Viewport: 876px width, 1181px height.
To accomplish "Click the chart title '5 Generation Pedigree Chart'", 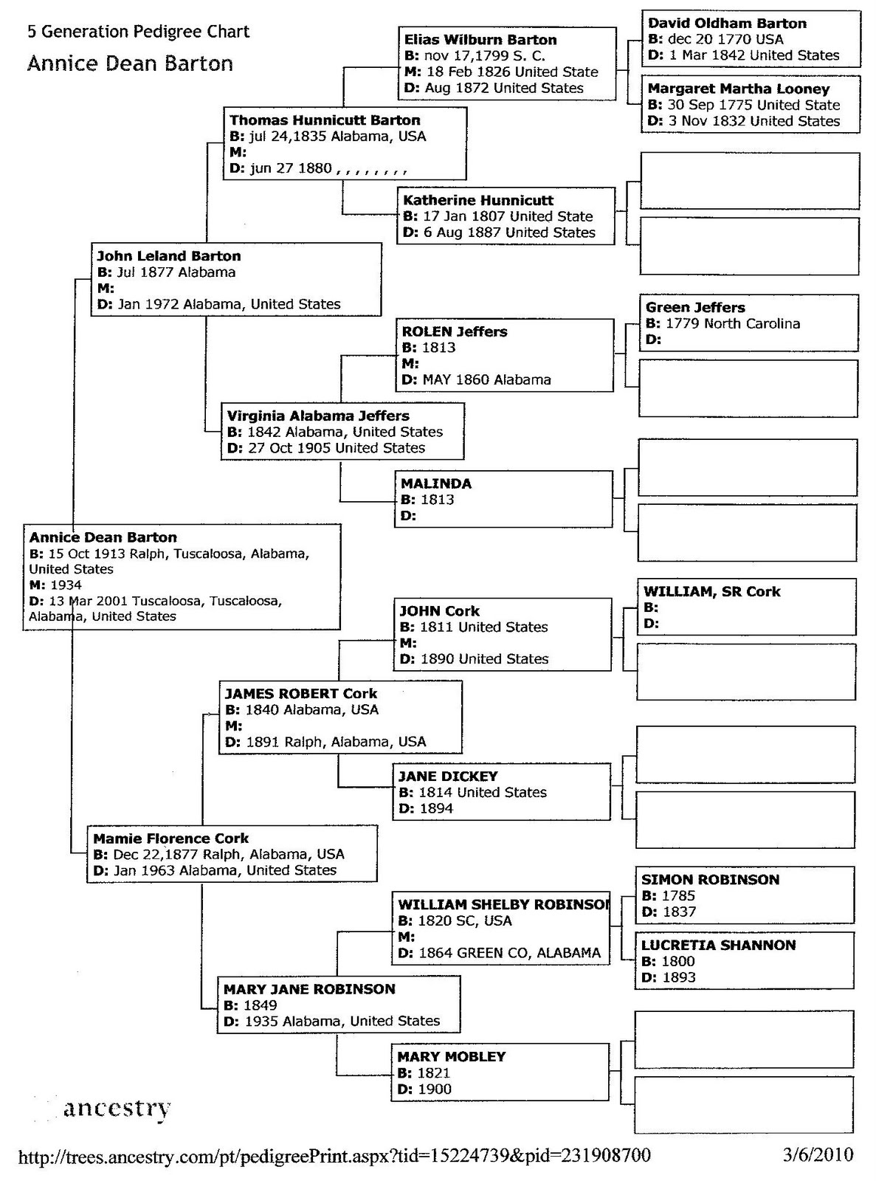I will [x=139, y=32].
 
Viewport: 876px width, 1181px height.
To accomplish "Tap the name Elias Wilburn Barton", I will [x=480, y=40].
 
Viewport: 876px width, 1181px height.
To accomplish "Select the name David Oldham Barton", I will [x=727, y=24].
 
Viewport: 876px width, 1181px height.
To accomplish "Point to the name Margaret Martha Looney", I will [x=739, y=89].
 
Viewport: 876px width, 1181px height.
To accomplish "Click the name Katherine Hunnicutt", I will [x=477, y=200].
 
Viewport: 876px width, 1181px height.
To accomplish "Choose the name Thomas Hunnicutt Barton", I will [x=325, y=120].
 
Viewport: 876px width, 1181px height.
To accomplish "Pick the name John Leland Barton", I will [x=169, y=256].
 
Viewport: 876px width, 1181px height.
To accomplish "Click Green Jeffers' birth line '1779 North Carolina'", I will [x=722, y=323].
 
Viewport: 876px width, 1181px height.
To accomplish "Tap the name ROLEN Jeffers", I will [x=455, y=331].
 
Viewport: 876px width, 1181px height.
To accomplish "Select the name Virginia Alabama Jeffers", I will [x=318, y=416].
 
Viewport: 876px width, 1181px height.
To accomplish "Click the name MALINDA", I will [x=436, y=483].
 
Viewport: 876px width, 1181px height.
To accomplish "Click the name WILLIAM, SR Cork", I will [x=711, y=591].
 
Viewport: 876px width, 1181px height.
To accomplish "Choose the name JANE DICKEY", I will [x=448, y=776].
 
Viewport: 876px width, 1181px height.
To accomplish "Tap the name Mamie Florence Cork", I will [x=171, y=839].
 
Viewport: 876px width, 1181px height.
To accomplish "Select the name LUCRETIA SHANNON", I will [x=718, y=945].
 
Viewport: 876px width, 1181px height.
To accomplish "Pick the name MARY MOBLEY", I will [x=452, y=1056].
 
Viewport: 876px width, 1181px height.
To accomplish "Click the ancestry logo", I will [x=117, y=1108].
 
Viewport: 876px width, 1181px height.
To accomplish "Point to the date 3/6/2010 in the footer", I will [x=818, y=1154].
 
